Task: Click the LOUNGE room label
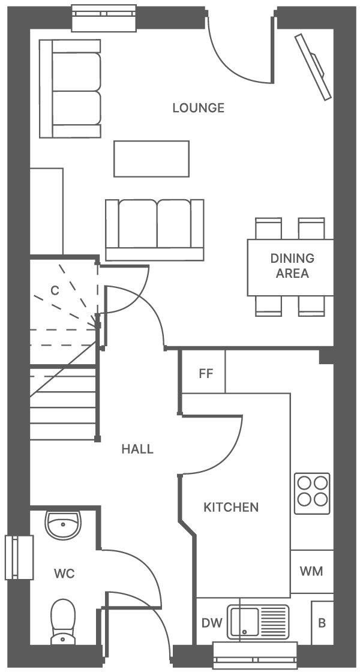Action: click(x=198, y=108)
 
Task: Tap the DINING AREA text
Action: click(x=292, y=266)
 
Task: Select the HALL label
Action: click(x=137, y=449)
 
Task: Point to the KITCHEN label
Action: click(x=231, y=508)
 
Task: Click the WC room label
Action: click(x=64, y=574)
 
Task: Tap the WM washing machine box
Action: click(x=311, y=571)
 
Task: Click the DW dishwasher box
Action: click(x=211, y=623)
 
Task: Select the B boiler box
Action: click(x=322, y=623)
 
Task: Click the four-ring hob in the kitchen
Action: click(x=312, y=493)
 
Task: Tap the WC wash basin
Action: click(x=63, y=526)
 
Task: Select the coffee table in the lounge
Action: click(x=151, y=158)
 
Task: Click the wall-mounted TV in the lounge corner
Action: click(x=313, y=66)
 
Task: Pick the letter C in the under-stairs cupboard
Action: click(x=55, y=291)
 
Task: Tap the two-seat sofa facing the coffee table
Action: click(x=154, y=230)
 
